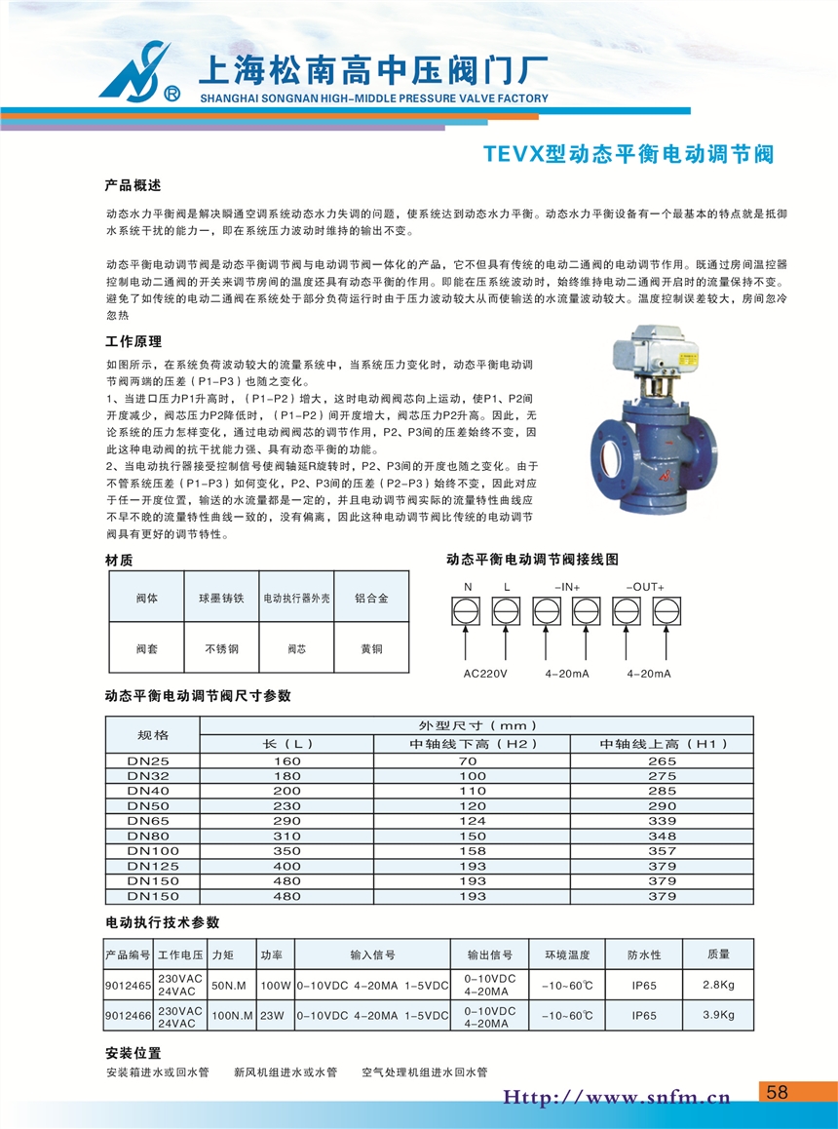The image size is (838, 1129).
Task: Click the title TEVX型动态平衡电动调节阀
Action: [x=628, y=154]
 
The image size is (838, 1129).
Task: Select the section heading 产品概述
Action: [x=133, y=184]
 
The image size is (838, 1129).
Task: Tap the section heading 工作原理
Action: [x=133, y=342]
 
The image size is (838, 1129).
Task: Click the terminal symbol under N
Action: [x=467, y=611]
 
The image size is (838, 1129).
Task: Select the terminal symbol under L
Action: [x=507, y=611]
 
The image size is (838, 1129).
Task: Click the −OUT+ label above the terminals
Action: [x=645, y=587]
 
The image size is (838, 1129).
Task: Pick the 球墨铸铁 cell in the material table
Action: [x=221, y=598]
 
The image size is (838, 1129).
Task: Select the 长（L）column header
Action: [x=287, y=744]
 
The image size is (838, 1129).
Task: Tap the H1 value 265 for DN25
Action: [x=662, y=761]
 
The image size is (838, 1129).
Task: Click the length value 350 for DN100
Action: [x=287, y=851]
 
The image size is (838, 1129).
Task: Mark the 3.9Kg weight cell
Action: [x=718, y=1015]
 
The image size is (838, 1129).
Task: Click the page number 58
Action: [x=777, y=1092]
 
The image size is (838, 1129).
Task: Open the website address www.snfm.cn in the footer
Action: [x=616, y=1098]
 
